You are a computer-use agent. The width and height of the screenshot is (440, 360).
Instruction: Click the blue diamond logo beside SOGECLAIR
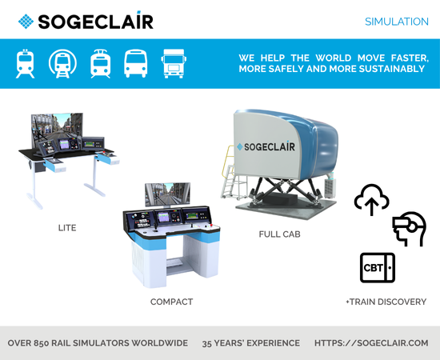click(x=26, y=22)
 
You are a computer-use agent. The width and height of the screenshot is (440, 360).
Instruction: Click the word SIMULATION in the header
click(x=397, y=22)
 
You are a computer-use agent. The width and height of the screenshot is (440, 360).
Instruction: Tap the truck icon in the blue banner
click(x=174, y=64)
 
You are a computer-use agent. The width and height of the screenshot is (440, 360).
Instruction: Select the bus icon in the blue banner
click(x=136, y=63)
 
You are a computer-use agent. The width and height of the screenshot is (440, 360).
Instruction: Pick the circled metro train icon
click(x=62, y=64)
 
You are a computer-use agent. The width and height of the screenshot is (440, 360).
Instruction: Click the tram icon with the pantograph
click(x=101, y=64)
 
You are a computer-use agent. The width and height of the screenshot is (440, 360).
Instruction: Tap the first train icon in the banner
click(x=26, y=64)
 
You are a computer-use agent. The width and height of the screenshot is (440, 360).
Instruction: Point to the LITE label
click(x=67, y=227)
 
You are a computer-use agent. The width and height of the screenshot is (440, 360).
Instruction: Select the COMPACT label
click(x=171, y=302)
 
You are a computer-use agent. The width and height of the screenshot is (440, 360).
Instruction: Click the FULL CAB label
click(x=279, y=234)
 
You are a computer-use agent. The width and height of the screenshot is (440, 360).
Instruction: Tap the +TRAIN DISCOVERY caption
click(x=386, y=302)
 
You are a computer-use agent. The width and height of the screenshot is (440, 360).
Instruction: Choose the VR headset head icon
click(x=410, y=229)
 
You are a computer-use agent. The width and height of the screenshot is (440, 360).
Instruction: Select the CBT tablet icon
click(x=378, y=268)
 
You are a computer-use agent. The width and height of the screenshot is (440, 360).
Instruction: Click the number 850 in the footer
click(x=42, y=343)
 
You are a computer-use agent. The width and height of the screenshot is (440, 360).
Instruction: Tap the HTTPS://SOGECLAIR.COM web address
click(x=371, y=343)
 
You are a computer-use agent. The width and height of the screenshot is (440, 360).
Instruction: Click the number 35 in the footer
click(x=207, y=343)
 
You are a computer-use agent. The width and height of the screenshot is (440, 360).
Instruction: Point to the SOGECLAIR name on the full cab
click(x=270, y=146)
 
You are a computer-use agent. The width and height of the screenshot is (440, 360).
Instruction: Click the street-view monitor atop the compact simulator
click(x=167, y=194)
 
